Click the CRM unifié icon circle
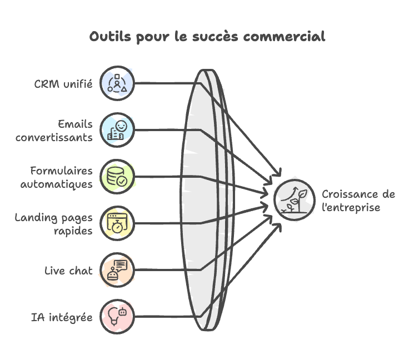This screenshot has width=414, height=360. [117, 83]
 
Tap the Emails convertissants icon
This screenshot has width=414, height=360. [117, 130]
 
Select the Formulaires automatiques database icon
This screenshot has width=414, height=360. [117, 177]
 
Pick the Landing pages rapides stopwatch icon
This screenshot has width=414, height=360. [117, 223]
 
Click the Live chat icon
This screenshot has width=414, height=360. [117, 271]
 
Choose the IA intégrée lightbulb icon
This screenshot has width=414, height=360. [117, 317]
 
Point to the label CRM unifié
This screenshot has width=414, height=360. [62, 84]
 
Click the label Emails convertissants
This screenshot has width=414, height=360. [54, 131]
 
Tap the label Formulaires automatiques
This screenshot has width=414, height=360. [57, 177]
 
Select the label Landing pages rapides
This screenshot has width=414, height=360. [54, 224]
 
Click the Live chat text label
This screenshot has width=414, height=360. [69, 271]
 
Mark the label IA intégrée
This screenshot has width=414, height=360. [62, 318]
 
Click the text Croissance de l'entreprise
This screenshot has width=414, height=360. [358, 201]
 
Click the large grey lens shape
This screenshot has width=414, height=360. [206, 200]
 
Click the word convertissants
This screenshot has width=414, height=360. [54, 137]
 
